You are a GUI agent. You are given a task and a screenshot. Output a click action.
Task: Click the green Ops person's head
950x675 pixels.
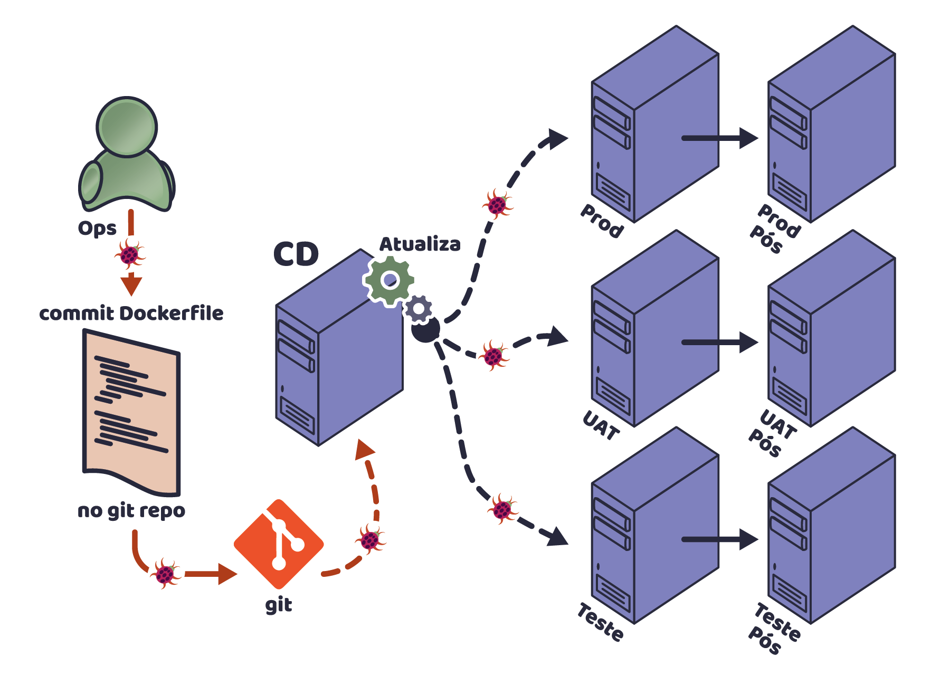(x=127, y=127)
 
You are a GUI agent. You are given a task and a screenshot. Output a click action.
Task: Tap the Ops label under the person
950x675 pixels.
(x=97, y=229)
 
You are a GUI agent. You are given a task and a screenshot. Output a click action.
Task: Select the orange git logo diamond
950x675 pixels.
(x=279, y=544)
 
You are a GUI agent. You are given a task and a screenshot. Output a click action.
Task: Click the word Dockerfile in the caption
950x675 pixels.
(x=172, y=313)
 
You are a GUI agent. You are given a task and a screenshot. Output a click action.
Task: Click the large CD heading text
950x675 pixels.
(x=296, y=254)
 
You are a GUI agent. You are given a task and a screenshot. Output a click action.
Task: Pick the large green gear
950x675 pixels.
(x=389, y=280)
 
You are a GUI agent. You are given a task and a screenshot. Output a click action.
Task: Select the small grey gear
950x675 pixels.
(x=419, y=309)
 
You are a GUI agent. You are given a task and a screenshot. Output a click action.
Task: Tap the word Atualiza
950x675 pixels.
(x=420, y=244)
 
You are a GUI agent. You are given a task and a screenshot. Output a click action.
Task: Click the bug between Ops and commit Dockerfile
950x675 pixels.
(x=130, y=254)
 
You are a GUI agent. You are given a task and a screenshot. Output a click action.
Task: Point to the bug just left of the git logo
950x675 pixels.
(x=165, y=574)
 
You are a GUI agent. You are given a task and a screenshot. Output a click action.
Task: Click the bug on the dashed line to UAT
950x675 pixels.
(x=493, y=356)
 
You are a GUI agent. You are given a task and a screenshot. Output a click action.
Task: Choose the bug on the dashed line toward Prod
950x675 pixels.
(x=497, y=204)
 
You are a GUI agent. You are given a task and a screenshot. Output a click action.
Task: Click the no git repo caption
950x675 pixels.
(x=131, y=511)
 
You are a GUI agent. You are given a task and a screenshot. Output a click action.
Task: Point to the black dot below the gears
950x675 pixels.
(x=425, y=329)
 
